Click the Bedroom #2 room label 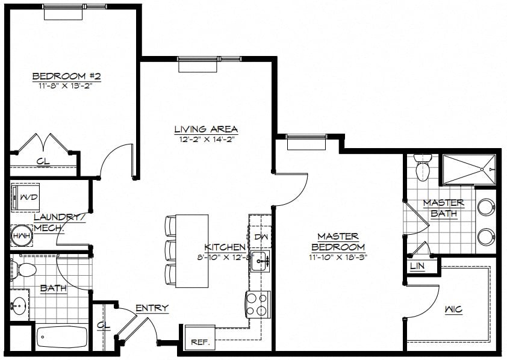click(x=67, y=76)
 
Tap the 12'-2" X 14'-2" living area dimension click(x=207, y=140)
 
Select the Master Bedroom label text click(x=338, y=242)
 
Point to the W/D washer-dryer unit click(x=25, y=197)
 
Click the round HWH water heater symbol click(x=22, y=236)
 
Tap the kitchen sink click(x=261, y=261)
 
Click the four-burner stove click(x=258, y=304)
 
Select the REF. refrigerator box click(x=200, y=337)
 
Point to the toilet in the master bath click(x=423, y=167)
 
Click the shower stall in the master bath click(x=469, y=170)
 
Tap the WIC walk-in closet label click(x=453, y=309)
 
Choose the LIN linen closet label click(x=417, y=266)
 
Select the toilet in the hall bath click(x=23, y=269)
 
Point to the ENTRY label click(x=152, y=308)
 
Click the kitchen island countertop click(x=191, y=251)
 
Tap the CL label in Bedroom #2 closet click(x=43, y=161)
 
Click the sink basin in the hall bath click(x=19, y=305)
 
